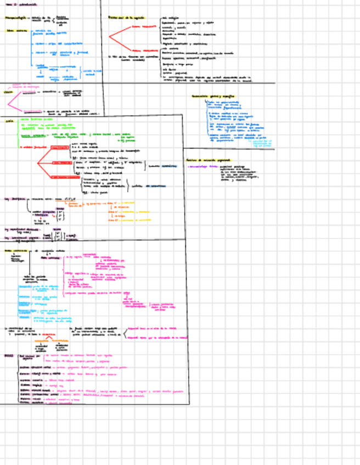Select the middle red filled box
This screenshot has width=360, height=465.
[61, 163]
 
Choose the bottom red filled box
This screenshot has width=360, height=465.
[61, 178]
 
